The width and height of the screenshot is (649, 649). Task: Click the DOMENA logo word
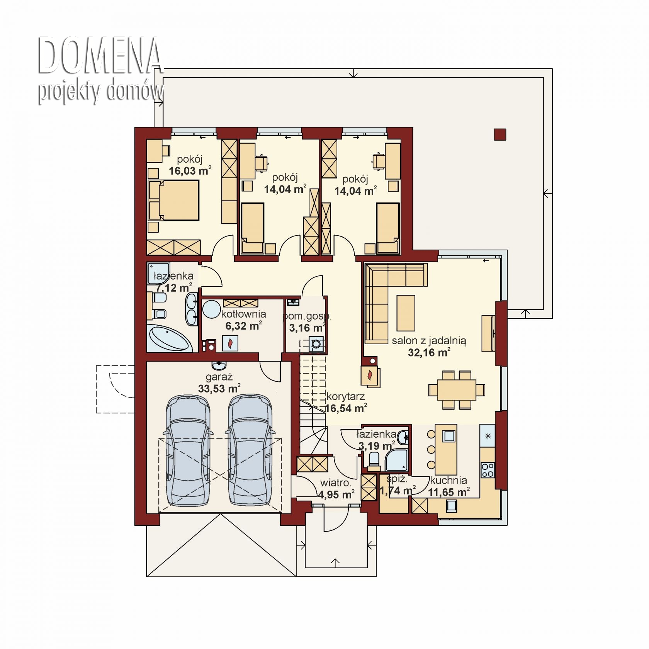click(x=100, y=56)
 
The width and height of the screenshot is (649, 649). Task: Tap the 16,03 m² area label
click(x=190, y=170)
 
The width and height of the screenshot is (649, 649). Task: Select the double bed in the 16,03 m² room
click(x=174, y=200)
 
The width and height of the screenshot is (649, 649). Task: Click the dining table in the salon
click(x=457, y=390)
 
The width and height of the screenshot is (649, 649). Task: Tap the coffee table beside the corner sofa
click(x=406, y=313)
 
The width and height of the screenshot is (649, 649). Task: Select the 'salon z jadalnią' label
click(x=429, y=341)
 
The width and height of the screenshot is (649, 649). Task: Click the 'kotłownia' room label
click(x=243, y=314)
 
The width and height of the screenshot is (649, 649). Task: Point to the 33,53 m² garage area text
click(x=219, y=388)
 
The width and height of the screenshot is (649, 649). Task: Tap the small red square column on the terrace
click(x=500, y=134)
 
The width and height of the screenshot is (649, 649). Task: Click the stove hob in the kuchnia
click(x=488, y=470)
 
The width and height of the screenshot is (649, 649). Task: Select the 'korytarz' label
click(x=345, y=396)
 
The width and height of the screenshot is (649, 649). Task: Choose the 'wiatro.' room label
click(x=335, y=483)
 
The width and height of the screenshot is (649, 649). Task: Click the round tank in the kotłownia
click(x=212, y=309)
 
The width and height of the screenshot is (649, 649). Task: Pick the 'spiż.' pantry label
click(x=397, y=479)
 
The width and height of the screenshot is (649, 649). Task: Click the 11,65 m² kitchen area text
click(x=449, y=492)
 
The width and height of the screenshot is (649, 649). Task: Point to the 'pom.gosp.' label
click(x=307, y=316)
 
